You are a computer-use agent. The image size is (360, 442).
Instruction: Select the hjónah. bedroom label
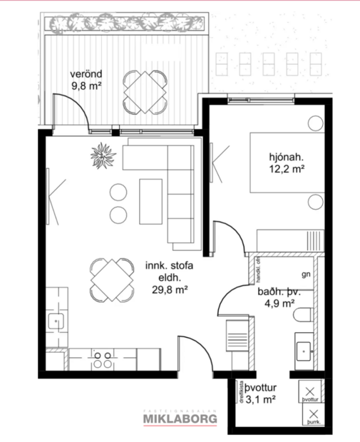(287, 158)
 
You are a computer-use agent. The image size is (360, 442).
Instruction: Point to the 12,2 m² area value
(287, 170)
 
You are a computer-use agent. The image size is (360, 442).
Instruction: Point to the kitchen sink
(56, 322)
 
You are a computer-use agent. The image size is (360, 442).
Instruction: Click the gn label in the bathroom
(307, 274)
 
